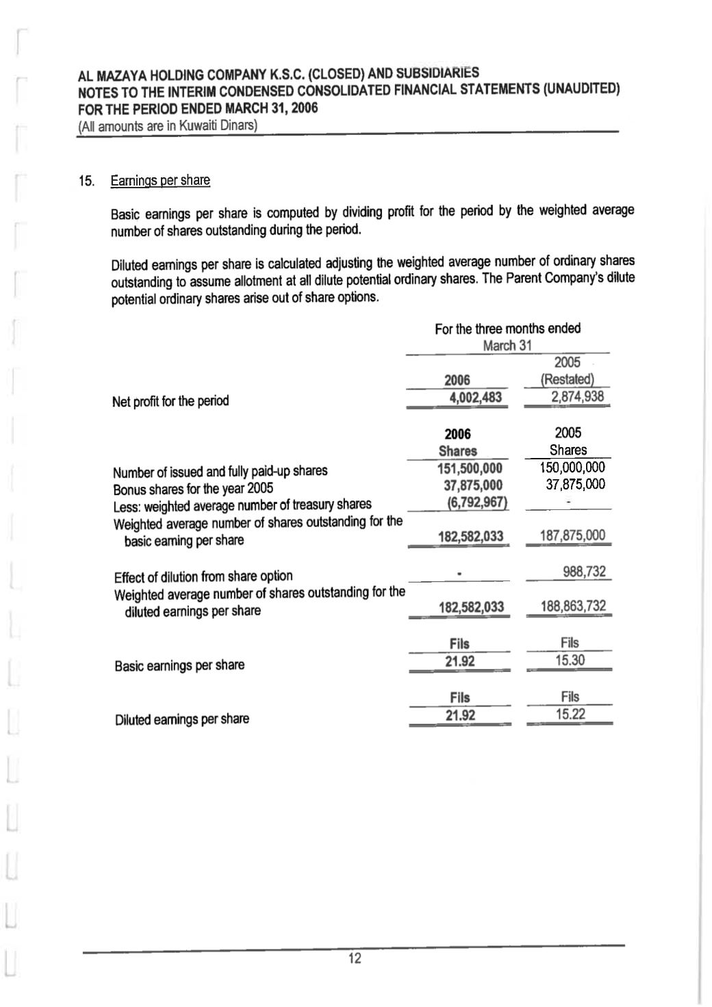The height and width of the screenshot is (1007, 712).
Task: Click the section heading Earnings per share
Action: click(x=160, y=181)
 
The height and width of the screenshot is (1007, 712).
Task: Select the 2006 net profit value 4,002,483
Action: click(x=472, y=398)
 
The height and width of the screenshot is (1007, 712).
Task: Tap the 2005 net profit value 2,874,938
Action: click(x=568, y=397)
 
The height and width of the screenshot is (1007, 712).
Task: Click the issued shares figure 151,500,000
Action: click(x=470, y=468)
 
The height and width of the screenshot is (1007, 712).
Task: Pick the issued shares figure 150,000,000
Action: click(x=568, y=468)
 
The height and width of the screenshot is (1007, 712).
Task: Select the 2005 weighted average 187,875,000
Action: click(x=568, y=535)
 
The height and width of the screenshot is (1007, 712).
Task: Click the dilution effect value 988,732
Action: click(x=584, y=572)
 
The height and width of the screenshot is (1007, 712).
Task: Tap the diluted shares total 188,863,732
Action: click(x=568, y=607)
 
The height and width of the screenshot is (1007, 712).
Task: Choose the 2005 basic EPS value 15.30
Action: click(x=569, y=661)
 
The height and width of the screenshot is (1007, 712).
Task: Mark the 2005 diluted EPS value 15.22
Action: click(x=569, y=715)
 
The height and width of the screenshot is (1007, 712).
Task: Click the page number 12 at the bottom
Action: click(x=355, y=958)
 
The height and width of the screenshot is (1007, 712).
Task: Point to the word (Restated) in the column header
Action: click(x=567, y=379)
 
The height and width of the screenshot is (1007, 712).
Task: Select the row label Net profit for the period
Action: click(x=170, y=401)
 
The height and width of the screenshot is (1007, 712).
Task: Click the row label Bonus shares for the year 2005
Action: click(x=193, y=489)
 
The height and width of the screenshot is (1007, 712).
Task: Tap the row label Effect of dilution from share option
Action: click(x=203, y=576)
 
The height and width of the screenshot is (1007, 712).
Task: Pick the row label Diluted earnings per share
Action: click(x=182, y=719)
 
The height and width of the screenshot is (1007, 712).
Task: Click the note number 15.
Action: click(x=86, y=181)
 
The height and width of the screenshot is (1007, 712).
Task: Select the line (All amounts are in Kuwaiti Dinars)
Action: click(x=167, y=126)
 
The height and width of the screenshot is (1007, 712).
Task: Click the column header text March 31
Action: click(x=507, y=346)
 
